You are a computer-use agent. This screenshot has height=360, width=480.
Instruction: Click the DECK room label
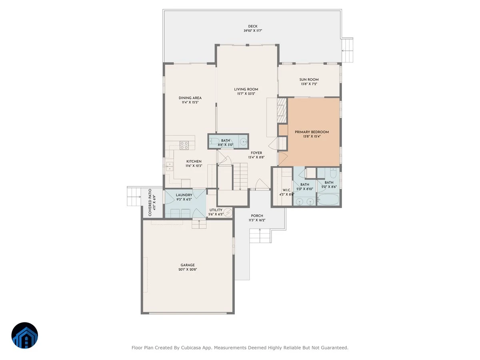[x=252, y=26]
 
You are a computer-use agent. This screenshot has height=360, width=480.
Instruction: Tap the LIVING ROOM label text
[x=246, y=89]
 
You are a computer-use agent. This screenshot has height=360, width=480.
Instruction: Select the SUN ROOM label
[x=309, y=80]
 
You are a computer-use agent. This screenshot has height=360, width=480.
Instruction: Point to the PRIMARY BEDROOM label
[x=312, y=132]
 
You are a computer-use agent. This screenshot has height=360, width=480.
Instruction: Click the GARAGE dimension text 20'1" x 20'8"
[x=188, y=270]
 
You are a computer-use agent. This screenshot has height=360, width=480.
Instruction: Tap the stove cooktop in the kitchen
[x=184, y=145]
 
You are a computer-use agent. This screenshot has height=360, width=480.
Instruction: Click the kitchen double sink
[x=170, y=166]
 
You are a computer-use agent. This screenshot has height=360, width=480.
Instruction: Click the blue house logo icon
[x=25, y=336]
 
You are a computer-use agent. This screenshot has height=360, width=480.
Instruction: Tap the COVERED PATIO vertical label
[x=150, y=202]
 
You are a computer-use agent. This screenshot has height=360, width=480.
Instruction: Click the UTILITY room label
[x=216, y=210]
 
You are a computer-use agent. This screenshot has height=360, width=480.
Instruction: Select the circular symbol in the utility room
[x=228, y=212]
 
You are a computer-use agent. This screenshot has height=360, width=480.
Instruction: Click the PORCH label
[x=257, y=216]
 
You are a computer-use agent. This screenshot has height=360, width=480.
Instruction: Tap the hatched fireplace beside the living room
[x=282, y=110]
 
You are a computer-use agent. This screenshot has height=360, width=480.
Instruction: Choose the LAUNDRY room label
[x=184, y=195]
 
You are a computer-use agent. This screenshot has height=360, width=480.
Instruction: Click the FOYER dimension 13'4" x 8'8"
[x=256, y=157]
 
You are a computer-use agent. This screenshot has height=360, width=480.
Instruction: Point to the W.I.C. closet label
[x=286, y=190]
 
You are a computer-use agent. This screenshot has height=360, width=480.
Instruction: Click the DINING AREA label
[x=190, y=98]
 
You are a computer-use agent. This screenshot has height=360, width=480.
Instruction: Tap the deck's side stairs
[x=347, y=50]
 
